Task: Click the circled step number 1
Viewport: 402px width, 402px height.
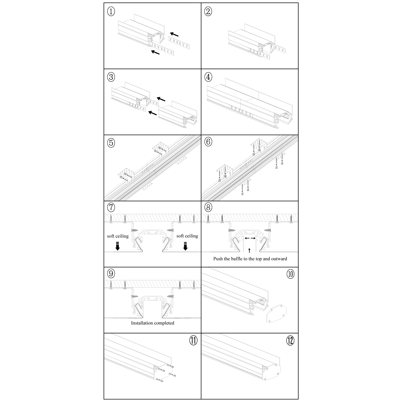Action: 111,11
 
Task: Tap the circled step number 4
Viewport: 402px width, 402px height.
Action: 208,77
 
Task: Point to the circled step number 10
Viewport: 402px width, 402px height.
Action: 290,274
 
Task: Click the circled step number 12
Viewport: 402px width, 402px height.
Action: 290,341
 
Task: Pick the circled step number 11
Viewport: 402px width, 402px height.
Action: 193,341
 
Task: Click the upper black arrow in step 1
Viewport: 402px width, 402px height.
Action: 174,34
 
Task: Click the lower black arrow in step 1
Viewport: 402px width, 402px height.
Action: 155,52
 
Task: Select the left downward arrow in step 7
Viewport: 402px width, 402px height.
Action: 117,246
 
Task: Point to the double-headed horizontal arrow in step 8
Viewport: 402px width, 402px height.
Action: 250,238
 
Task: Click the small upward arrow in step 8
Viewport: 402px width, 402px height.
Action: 250,251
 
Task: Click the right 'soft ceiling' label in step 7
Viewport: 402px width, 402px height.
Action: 187,236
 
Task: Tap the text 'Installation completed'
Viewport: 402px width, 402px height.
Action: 152,323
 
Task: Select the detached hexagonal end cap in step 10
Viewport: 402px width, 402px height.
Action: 276,312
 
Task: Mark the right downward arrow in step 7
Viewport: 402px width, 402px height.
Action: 185,246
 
